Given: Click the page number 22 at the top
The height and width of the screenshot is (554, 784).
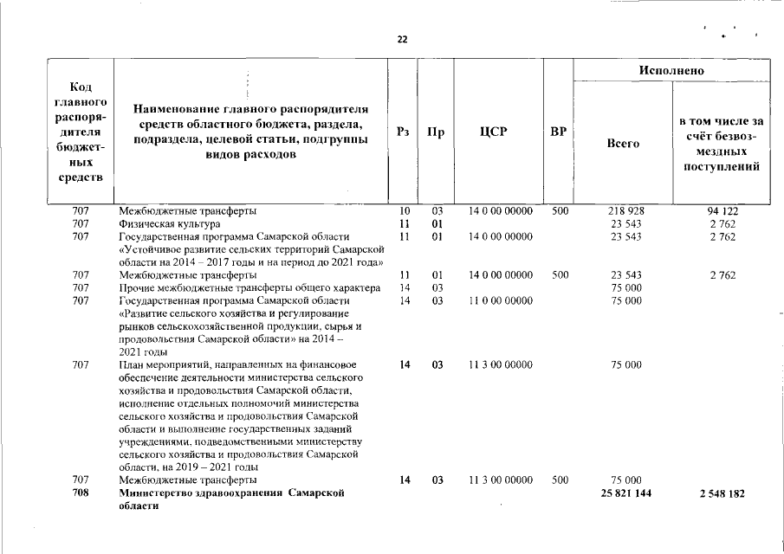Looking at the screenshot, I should pos(402,40).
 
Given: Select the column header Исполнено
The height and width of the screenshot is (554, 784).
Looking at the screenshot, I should pos(671,70).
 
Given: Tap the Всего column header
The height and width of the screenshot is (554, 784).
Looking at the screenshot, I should pos(624,144).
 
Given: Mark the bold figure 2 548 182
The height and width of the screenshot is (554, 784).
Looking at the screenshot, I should pos(722,493).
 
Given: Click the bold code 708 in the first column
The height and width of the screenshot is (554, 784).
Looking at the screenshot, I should pos(80,493).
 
